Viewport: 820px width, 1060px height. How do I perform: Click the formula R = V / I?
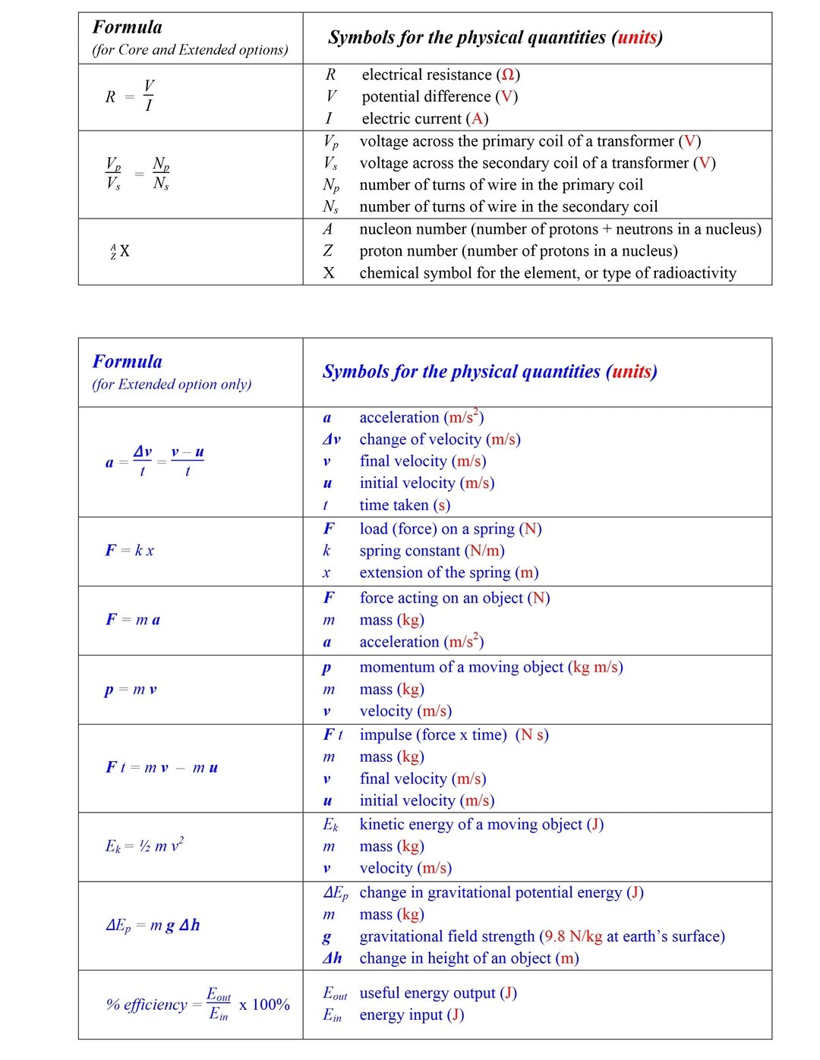130,96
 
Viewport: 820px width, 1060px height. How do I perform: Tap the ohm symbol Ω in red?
508,75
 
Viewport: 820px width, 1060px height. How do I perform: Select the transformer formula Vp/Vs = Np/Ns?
137,174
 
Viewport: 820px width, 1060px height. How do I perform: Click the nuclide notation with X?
120,251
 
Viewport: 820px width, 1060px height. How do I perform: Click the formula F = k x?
130,550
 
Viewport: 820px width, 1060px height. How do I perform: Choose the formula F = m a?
133,620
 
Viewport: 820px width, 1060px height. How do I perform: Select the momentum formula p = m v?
131,690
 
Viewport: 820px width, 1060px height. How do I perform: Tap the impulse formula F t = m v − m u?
162,768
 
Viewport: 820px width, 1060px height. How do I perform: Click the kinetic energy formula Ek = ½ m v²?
144,845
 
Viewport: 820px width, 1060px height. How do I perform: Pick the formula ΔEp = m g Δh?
153,925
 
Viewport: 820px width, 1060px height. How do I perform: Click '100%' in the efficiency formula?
270,1005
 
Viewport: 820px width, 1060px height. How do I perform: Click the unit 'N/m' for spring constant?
484,551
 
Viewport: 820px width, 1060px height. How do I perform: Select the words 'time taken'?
394,505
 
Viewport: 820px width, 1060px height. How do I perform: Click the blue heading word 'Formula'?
128,362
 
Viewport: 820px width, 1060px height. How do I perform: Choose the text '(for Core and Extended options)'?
190,50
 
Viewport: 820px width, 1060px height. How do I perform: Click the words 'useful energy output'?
427,993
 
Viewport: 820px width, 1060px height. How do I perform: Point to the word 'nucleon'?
386,229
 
